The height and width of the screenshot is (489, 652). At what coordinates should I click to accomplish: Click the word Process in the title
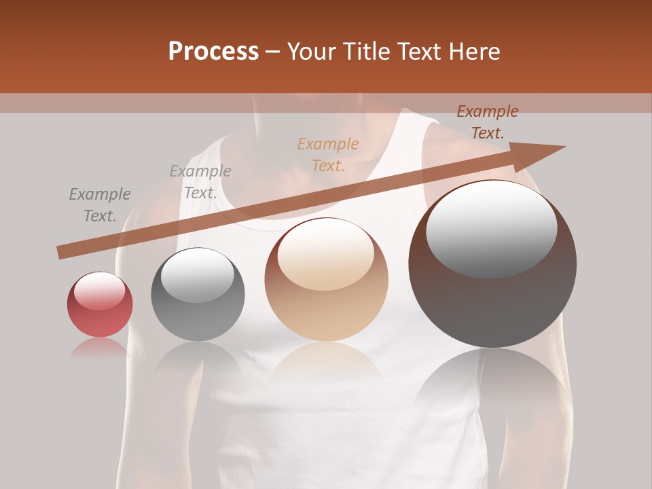pos(213,52)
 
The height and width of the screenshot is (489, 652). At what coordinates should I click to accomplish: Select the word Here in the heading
pos(473,52)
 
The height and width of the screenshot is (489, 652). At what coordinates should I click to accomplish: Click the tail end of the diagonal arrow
pos(61,252)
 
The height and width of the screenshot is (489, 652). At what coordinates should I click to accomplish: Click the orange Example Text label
pos(328,154)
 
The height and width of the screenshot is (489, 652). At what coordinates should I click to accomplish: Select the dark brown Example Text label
pos(487,122)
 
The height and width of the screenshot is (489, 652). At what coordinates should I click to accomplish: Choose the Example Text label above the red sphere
pos(100,205)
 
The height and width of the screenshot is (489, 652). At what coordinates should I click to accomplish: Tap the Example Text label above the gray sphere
pos(200,182)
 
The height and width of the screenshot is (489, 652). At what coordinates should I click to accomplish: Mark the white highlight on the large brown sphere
pos(491,229)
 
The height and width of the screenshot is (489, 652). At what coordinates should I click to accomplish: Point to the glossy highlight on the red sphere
pos(100,291)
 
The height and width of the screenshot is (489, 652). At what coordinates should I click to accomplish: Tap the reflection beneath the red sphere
pos(100,348)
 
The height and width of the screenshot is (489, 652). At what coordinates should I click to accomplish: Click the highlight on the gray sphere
pos(197,275)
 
